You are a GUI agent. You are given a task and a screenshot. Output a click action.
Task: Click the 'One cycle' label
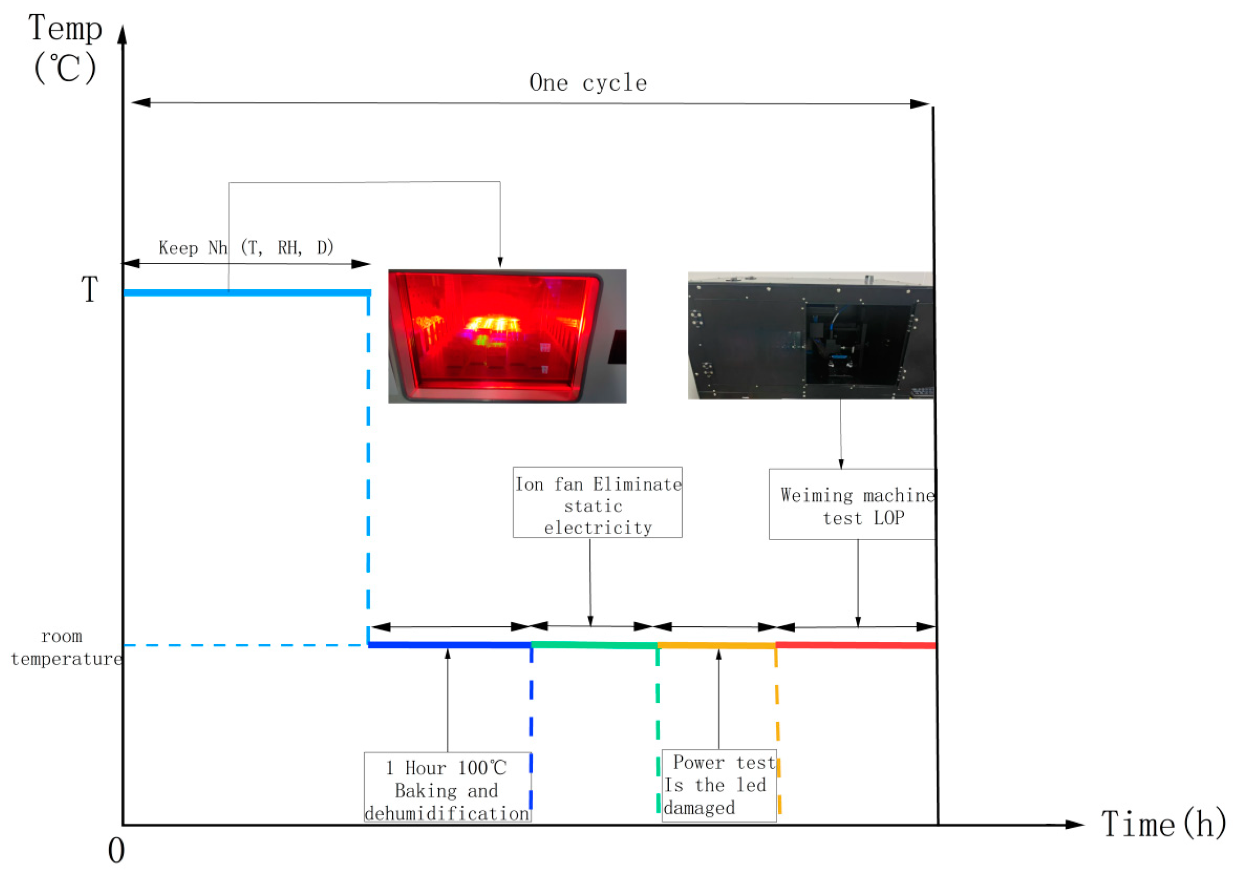pos(588,83)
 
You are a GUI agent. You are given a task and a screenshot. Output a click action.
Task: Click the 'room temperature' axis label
pos(65,647)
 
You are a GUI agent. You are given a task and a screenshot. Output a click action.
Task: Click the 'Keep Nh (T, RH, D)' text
pos(246,248)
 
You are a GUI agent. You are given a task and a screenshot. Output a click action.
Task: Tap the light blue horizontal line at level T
pos(246,293)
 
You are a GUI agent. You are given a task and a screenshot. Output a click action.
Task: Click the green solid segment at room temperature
pos(593,645)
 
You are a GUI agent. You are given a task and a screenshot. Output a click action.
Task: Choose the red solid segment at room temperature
pos(855,645)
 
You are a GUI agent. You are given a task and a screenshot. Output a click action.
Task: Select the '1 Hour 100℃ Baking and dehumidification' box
pos(447,790)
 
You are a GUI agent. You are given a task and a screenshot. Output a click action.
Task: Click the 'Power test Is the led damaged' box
pos(719,786)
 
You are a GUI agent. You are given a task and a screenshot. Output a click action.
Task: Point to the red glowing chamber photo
pos(507,336)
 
